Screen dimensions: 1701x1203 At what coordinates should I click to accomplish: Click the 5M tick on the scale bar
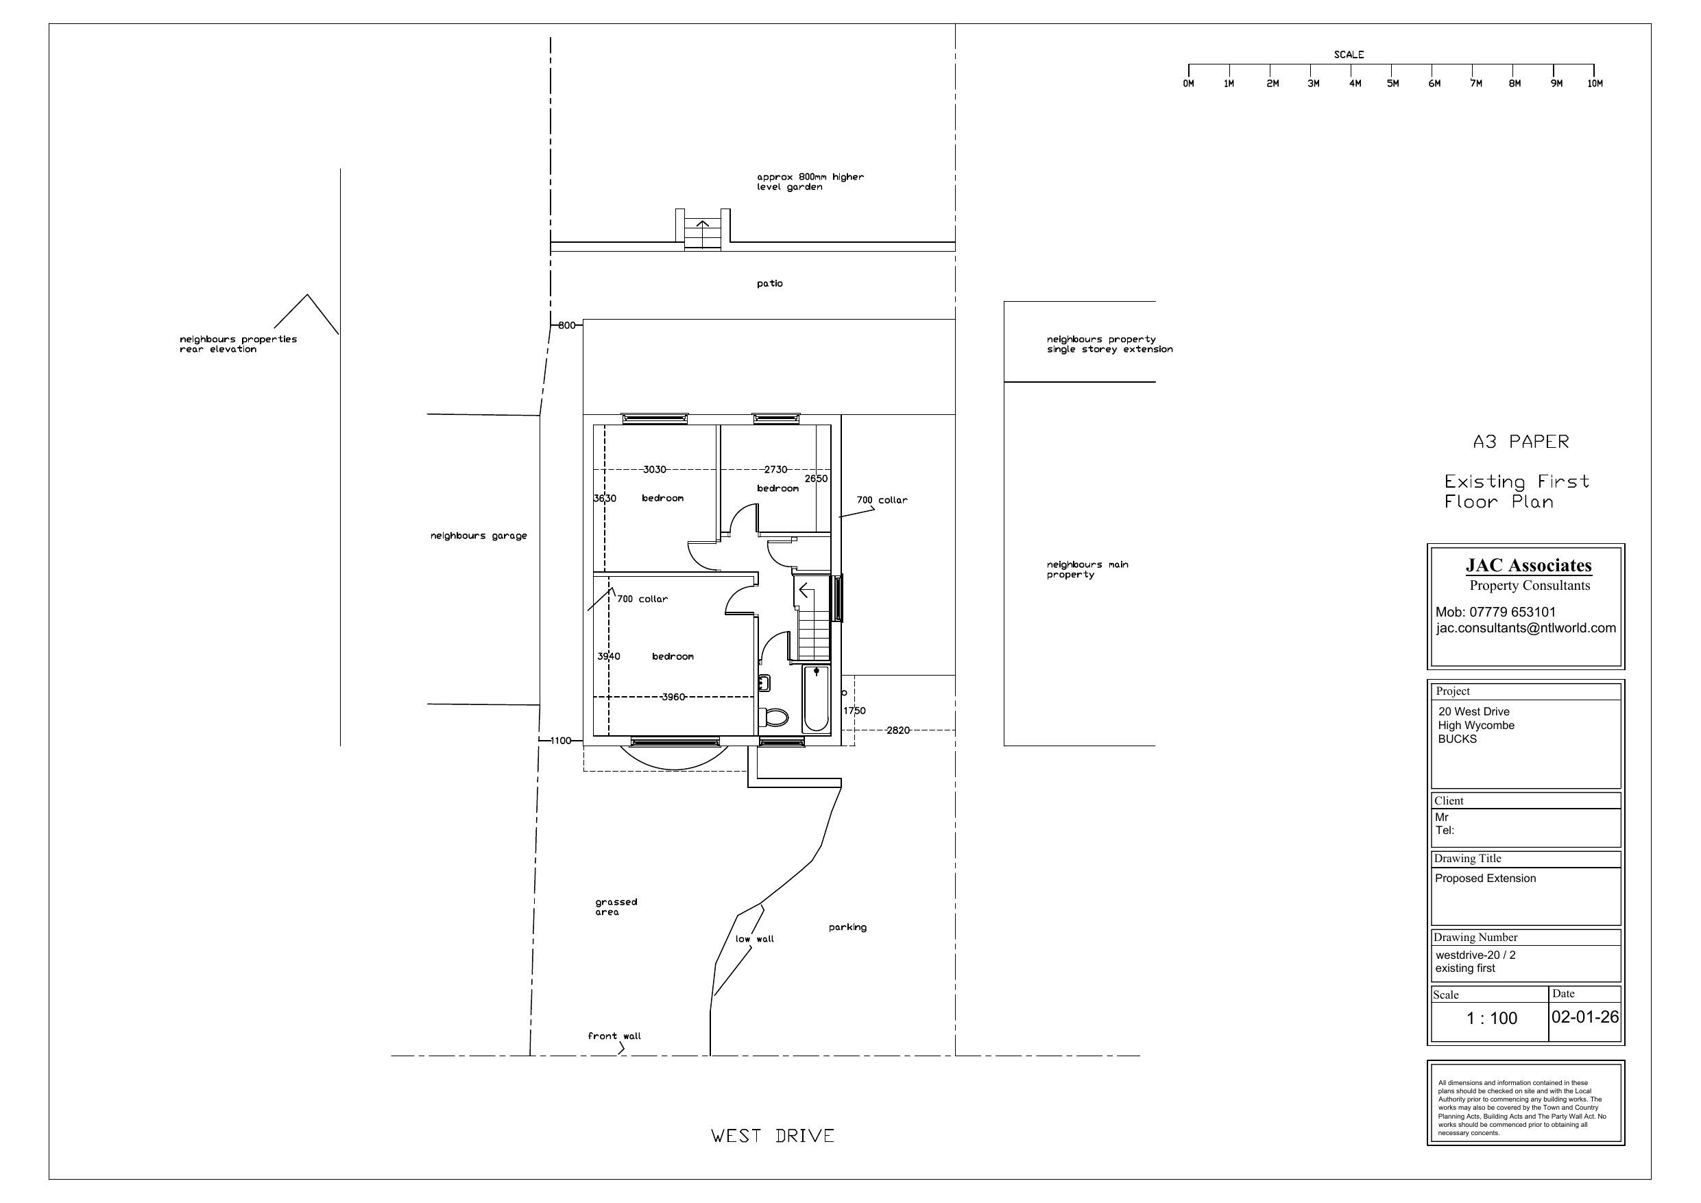(1391, 70)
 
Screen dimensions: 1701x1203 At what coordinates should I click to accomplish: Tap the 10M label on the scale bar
(1594, 84)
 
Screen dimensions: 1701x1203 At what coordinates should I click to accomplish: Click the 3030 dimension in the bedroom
(654, 469)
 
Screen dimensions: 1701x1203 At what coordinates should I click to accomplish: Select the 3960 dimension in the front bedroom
(673, 697)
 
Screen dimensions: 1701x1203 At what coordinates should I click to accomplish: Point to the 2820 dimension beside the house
(898, 730)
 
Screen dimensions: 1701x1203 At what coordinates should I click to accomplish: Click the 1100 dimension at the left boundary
(561, 741)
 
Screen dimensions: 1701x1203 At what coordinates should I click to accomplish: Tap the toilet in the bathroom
(773, 717)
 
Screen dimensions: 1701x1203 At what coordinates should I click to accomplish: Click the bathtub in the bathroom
(817, 698)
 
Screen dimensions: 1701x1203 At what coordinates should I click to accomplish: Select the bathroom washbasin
(764, 682)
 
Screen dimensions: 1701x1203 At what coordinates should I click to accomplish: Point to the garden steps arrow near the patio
(702, 228)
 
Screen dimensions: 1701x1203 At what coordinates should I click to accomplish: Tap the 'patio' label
(770, 284)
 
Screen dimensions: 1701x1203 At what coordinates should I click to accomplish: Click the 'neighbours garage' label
(479, 536)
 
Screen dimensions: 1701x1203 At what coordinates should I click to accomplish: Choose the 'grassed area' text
(616, 907)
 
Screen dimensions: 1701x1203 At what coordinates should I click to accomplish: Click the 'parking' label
(847, 927)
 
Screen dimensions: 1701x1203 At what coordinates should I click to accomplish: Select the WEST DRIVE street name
(773, 1136)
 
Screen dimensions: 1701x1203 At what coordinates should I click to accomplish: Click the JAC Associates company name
(1528, 566)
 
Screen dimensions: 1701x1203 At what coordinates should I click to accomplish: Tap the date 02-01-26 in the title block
(1585, 1017)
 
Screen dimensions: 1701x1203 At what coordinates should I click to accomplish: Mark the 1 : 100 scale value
(1491, 1019)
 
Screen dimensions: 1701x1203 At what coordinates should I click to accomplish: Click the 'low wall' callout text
(754, 939)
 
